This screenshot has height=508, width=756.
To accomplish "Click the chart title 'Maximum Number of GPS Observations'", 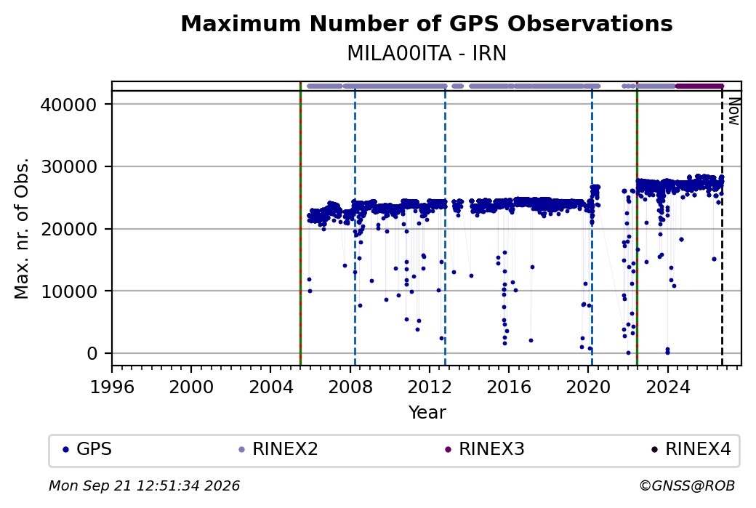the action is pyautogui.click(x=427, y=23).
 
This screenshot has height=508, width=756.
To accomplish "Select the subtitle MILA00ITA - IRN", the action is pyautogui.click(x=427, y=54).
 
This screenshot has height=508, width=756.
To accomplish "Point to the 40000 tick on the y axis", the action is pyautogui.click(x=69, y=105).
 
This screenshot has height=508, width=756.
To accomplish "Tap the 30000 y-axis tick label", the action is pyautogui.click(x=69, y=166).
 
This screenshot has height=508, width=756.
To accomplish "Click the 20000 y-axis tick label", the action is pyautogui.click(x=69, y=229).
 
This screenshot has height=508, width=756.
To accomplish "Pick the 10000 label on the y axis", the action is pyautogui.click(x=69, y=291).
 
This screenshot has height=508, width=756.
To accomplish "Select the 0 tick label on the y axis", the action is pyautogui.click(x=92, y=353).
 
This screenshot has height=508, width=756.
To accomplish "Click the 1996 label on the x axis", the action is pyautogui.click(x=112, y=387).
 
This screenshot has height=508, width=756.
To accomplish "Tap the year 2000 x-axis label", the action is pyautogui.click(x=191, y=387).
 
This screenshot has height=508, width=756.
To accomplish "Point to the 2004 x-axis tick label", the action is pyautogui.click(x=270, y=387).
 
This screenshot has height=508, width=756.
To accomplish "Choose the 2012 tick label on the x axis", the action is pyautogui.click(x=429, y=387).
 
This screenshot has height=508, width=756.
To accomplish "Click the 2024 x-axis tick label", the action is pyautogui.click(x=667, y=387).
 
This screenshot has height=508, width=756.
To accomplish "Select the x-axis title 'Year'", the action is pyautogui.click(x=427, y=413).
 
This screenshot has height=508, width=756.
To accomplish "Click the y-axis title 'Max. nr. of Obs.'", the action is pyautogui.click(x=22, y=228).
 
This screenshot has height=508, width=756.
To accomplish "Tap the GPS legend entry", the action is pyautogui.click(x=87, y=449).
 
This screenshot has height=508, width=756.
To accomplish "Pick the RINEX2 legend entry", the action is pyautogui.click(x=278, y=449).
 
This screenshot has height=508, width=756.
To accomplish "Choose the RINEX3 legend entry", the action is pyautogui.click(x=485, y=449).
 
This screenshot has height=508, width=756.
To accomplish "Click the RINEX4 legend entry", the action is pyautogui.click(x=691, y=449).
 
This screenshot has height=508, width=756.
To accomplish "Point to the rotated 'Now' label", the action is pyautogui.click(x=733, y=111).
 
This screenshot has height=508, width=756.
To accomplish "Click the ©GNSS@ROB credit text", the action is pyautogui.click(x=687, y=485).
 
